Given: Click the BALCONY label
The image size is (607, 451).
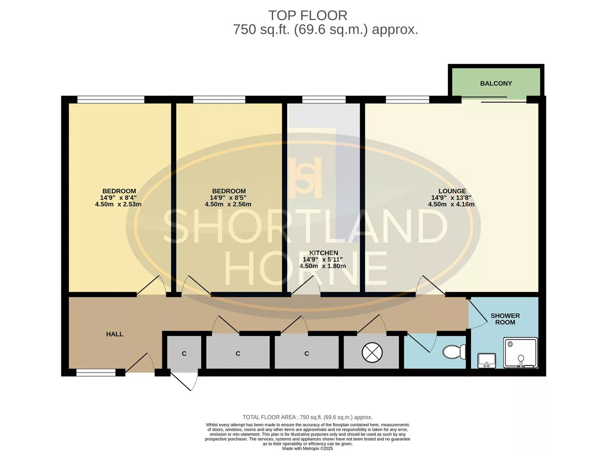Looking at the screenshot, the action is (x=496, y=83).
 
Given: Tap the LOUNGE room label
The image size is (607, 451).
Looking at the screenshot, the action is (x=452, y=191).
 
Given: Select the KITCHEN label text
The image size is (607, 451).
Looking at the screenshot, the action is (x=324, y=253).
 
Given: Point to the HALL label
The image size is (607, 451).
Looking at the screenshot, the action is (x=115, y=334).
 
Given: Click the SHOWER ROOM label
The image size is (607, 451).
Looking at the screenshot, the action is (x=505, y=319).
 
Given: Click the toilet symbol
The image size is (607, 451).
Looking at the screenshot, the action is (x=453, y=351).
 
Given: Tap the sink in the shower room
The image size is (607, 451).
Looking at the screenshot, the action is (x=487, y=360).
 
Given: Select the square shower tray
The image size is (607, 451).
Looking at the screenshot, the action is (x=521, y=353).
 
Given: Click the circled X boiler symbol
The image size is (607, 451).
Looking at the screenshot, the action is (x=372, y=352).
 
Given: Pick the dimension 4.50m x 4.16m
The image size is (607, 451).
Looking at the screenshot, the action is (x=451, y=204).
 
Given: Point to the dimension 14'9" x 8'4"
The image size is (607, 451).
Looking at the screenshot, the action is (x=118, y=198).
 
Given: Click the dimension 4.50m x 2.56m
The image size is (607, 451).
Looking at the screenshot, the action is (x=228, y=204).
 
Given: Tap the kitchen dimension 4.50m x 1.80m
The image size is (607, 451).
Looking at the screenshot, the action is (x=322, y=266).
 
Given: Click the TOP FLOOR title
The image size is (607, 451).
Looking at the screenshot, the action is (x=308, y=15).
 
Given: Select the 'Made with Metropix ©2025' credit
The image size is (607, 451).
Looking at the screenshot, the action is (x=308, y=448).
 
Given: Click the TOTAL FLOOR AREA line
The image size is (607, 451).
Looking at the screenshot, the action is (x=307, y=417).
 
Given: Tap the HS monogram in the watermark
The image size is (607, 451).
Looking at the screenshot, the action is (x=306, y=177).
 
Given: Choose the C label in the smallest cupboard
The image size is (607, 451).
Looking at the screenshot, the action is (x=184, y=354).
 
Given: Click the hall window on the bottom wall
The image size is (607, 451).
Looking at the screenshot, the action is (x=96, y=372).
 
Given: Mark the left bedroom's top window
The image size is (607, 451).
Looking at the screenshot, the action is (x=111, y=99).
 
